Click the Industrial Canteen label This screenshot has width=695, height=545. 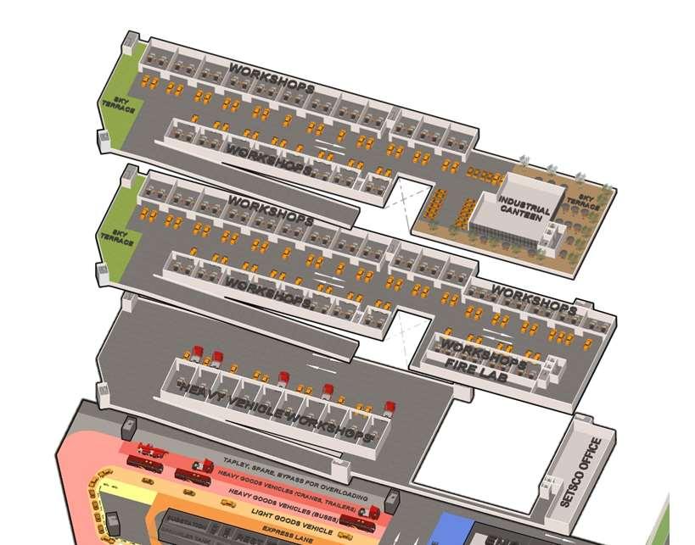tap(524, 207)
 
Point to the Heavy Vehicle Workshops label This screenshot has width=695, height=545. tap(277, 411)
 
